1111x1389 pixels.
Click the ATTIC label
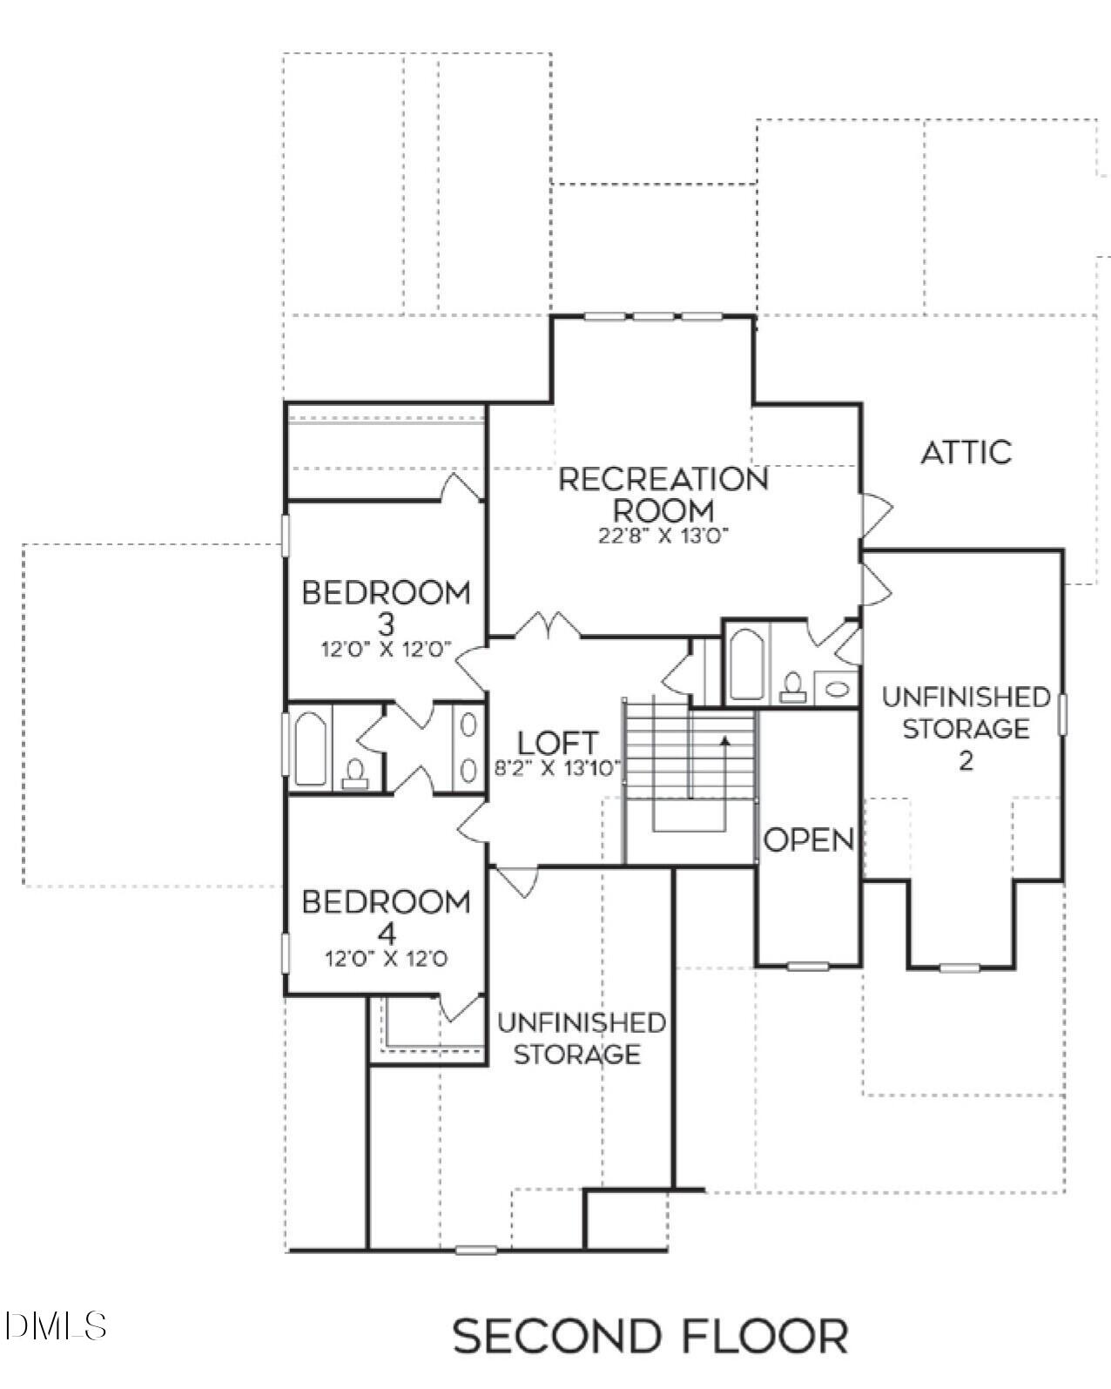click(966, 452)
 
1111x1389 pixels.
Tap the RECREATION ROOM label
click(663, 493)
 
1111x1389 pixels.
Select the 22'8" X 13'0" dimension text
click(663, 536)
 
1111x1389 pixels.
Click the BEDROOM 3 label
click(386, 607)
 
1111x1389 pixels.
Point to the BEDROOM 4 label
click(386, 916)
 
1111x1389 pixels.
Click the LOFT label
click(557, 743)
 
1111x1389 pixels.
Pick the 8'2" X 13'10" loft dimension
click(557, 768)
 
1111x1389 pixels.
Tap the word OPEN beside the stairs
click(808, 839)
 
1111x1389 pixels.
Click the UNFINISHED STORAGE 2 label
click(965, 726)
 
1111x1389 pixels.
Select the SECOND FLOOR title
click(650, 1335)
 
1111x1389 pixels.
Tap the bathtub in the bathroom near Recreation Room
click(745, 664)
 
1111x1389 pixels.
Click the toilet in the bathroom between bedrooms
click(354, 772)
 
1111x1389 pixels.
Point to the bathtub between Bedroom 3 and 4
click(310, 748)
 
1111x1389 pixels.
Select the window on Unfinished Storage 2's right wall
click(1062, 714)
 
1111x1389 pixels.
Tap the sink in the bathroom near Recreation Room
click(837, 689)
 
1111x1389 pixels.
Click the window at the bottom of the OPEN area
click(807, 965)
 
